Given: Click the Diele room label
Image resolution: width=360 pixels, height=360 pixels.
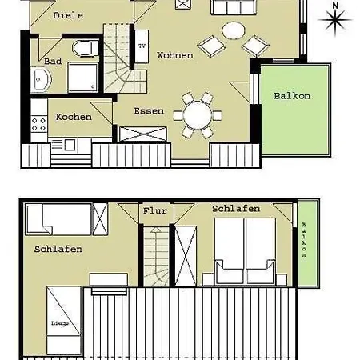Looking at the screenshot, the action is [x=68, y=15].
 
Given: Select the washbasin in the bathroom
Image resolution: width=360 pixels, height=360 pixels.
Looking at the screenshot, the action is [x=41, y=79].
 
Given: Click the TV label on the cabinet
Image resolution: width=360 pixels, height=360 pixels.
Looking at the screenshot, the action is [x=142, y=46].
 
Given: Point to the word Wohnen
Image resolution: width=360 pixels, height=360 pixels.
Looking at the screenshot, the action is [x=175, y=55].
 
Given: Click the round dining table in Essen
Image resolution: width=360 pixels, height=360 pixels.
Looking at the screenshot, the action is [x=198, y=115].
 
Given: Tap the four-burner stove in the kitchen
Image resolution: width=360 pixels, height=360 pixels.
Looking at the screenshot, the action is [x=39, y=124].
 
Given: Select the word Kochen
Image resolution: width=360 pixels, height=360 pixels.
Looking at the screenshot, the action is [x=74, y=117].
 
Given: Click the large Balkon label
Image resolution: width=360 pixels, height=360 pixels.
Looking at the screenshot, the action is [x=292, y=96].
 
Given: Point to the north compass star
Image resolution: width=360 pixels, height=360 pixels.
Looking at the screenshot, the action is [x=335, y=20].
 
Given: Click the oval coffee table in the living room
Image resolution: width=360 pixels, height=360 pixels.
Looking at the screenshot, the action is [x=234, y=30].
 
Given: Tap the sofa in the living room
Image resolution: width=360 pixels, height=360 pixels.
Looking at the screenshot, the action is [x=234, y=7].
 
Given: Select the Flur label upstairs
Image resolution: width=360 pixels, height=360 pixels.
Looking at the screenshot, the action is [x=155, y=211].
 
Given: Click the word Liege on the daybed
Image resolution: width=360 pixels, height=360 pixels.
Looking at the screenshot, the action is [x=60, y=323].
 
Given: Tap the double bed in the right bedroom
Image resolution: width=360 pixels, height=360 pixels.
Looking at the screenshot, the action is [x=245, y=251].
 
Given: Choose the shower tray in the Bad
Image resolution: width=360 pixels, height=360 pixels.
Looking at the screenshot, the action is [x=83, y=78].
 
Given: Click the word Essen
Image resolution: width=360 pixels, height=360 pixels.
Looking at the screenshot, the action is [x=149, y=111].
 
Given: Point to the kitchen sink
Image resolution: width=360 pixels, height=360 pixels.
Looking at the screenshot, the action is [x=70, y=145].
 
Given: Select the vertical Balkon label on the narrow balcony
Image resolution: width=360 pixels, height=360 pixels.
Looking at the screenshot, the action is [x=304, y=240].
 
